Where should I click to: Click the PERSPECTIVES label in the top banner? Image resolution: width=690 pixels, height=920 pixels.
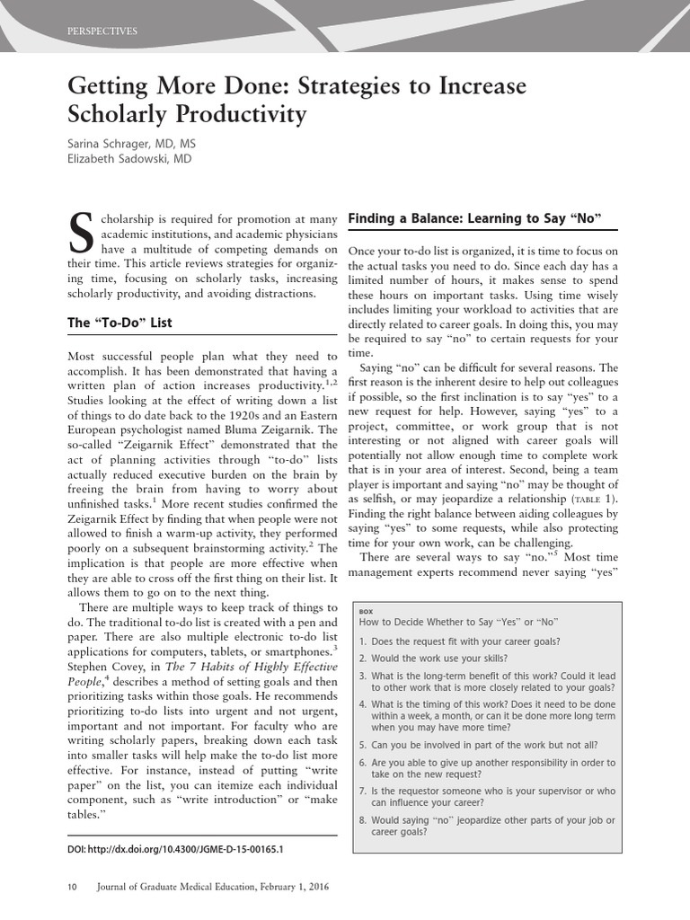[x=102, y=31]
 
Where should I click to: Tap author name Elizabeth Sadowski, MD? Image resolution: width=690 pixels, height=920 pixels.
[x=129, y=159]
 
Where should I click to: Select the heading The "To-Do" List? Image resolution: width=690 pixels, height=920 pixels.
[x=119, y=323]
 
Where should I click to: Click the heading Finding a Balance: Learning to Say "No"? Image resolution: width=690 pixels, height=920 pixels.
[x=473, y=218]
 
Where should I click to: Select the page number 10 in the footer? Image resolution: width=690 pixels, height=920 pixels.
[x=73, y=887]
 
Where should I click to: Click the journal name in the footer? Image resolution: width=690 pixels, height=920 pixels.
[x=212, y=887]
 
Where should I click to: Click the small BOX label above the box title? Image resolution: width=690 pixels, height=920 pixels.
[x=366, y=610]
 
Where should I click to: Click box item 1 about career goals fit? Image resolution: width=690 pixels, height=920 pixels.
[x=459, y=641]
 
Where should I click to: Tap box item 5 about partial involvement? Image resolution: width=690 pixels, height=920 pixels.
[x=478, y=744]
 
